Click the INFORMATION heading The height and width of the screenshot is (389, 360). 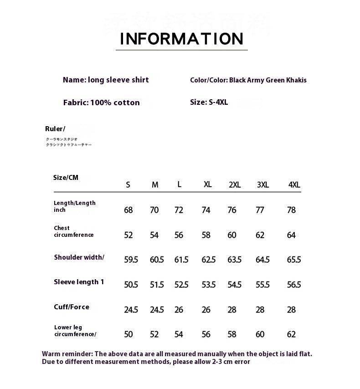[x=181, y=39]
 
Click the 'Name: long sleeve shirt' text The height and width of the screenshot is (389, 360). [x=106, y=80]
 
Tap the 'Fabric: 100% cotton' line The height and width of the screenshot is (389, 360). [x=101, y=102]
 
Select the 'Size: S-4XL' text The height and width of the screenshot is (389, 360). [x=209, y=102]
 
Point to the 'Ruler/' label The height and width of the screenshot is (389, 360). [x=55, y=129]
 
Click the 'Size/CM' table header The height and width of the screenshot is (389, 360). [x=66, y=178]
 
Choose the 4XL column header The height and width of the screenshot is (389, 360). [x=294, y=185]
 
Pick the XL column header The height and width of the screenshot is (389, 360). [x=207, y=184]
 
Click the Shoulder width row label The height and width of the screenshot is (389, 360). [x=79, y=257]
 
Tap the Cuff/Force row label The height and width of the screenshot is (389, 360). [x=72, y=307]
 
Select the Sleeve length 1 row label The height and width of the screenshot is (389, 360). [x=79, y=282]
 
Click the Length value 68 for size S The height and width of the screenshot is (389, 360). [x=129, y=210]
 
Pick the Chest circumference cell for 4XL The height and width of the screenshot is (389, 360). [x=291, y=235]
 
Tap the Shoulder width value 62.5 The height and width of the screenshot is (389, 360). [x=208, y=260]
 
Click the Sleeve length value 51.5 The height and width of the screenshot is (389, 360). [x=157, y=285]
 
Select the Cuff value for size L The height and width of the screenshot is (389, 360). [x=179, y=310]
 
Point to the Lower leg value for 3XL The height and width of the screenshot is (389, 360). [x=260, y=334]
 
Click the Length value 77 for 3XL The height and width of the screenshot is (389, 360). [x=260, y=210]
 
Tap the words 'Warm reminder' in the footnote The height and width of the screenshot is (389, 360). [x=67, y=354]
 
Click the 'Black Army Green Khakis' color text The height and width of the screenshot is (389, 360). [x=267, y=80]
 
